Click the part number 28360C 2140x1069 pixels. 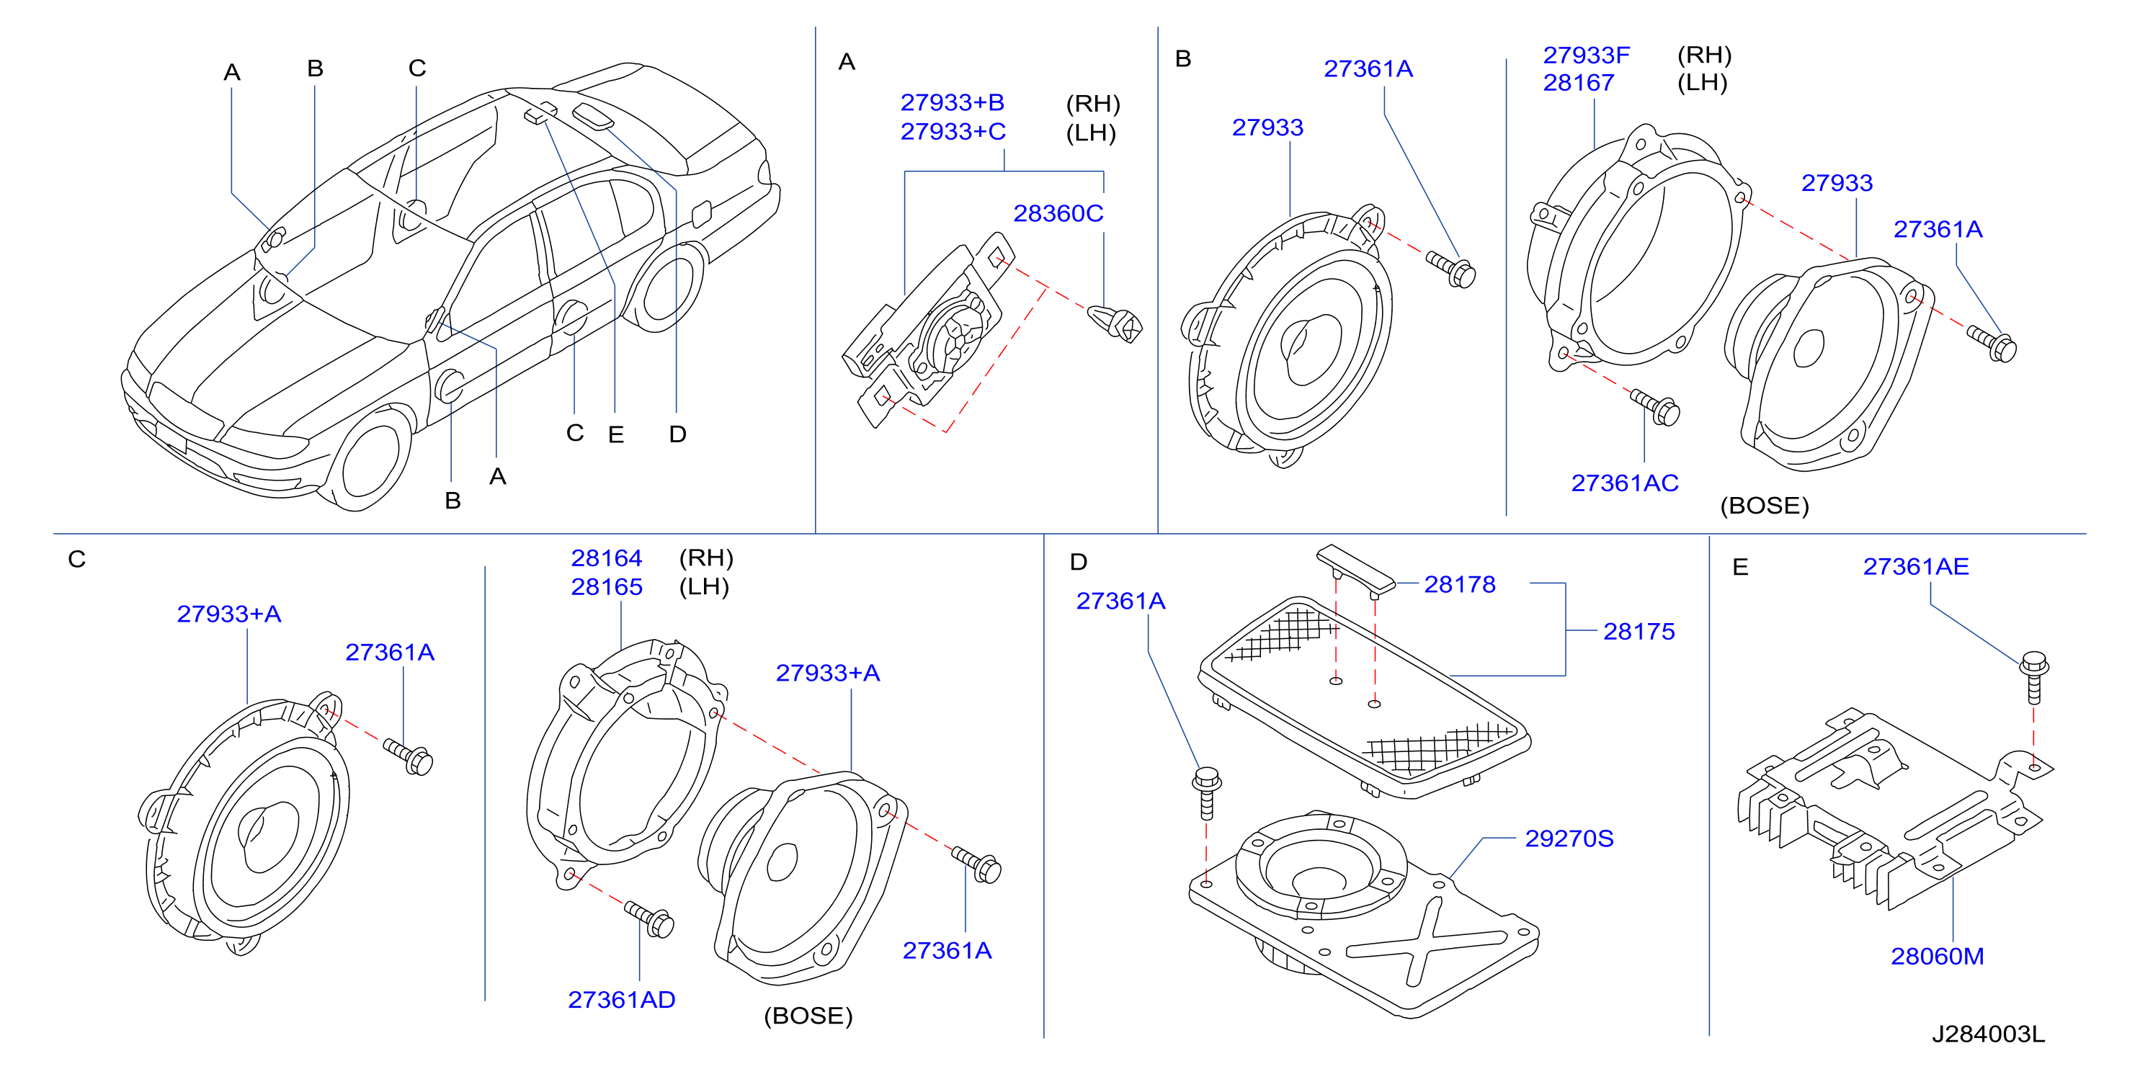(1058, 214)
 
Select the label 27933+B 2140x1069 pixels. (952, 103)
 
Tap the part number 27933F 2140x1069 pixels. (1586, 55)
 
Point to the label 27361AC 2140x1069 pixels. (1624, 483)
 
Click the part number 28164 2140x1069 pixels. (607, 558)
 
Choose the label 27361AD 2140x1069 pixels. (621, 1000)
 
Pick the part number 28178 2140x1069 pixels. (1460, 585)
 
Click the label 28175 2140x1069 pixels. (1639, 632)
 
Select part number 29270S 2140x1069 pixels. (1569, 839)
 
